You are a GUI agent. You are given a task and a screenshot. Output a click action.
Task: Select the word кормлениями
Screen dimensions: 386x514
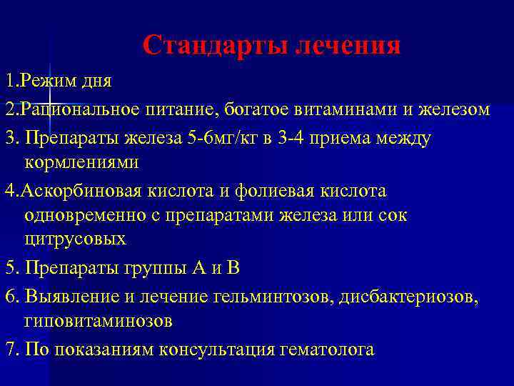tap(82, 162)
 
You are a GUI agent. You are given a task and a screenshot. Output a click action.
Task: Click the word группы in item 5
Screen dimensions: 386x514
tap(154, 269)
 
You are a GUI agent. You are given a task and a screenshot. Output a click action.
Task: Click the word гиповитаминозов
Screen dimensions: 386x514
tap(98, 321)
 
